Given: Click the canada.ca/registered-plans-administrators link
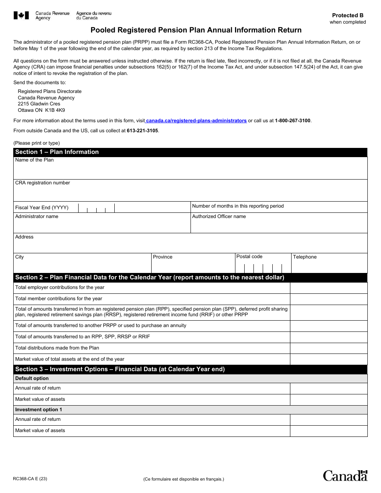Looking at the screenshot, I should coord(197,121).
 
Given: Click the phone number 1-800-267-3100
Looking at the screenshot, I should coord(292,121).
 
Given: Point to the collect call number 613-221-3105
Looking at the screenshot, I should coord(142,131).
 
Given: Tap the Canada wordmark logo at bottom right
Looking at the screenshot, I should coord(345,475).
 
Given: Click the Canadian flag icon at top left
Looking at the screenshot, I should coord(21,16).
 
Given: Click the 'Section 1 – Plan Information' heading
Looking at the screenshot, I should coord(57,152).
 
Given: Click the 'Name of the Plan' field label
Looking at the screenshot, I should coord(34,160).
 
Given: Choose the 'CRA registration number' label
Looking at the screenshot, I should coord(43,183).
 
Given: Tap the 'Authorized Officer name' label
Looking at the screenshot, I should coord(219,217).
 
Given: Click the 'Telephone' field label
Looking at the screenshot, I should coord(305,257).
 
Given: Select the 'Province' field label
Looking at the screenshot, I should coord(162,257).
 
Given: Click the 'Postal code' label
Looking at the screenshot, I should coord(249,257).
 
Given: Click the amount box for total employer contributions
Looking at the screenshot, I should coord(328,288).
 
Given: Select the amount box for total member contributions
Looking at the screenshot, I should coord(328,299).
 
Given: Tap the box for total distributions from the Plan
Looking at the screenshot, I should coord(328,348).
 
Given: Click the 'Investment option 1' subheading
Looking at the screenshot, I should coord(39,410).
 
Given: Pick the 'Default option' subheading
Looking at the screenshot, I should coord(32,379).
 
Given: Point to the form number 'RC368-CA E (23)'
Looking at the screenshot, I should coord(30,479).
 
